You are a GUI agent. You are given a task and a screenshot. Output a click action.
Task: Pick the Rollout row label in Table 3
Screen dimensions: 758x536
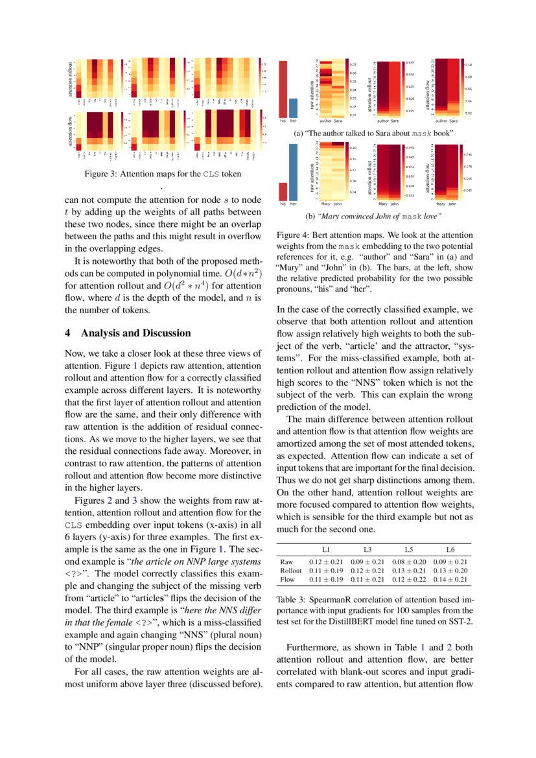(x=290, y=570)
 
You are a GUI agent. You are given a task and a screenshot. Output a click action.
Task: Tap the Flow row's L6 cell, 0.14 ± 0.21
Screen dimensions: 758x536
(x=452, y=579)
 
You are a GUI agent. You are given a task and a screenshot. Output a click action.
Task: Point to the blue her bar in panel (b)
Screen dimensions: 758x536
(x=293, y=172)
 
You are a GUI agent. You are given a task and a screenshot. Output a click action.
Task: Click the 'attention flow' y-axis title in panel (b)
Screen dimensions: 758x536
(x=428, y=178)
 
